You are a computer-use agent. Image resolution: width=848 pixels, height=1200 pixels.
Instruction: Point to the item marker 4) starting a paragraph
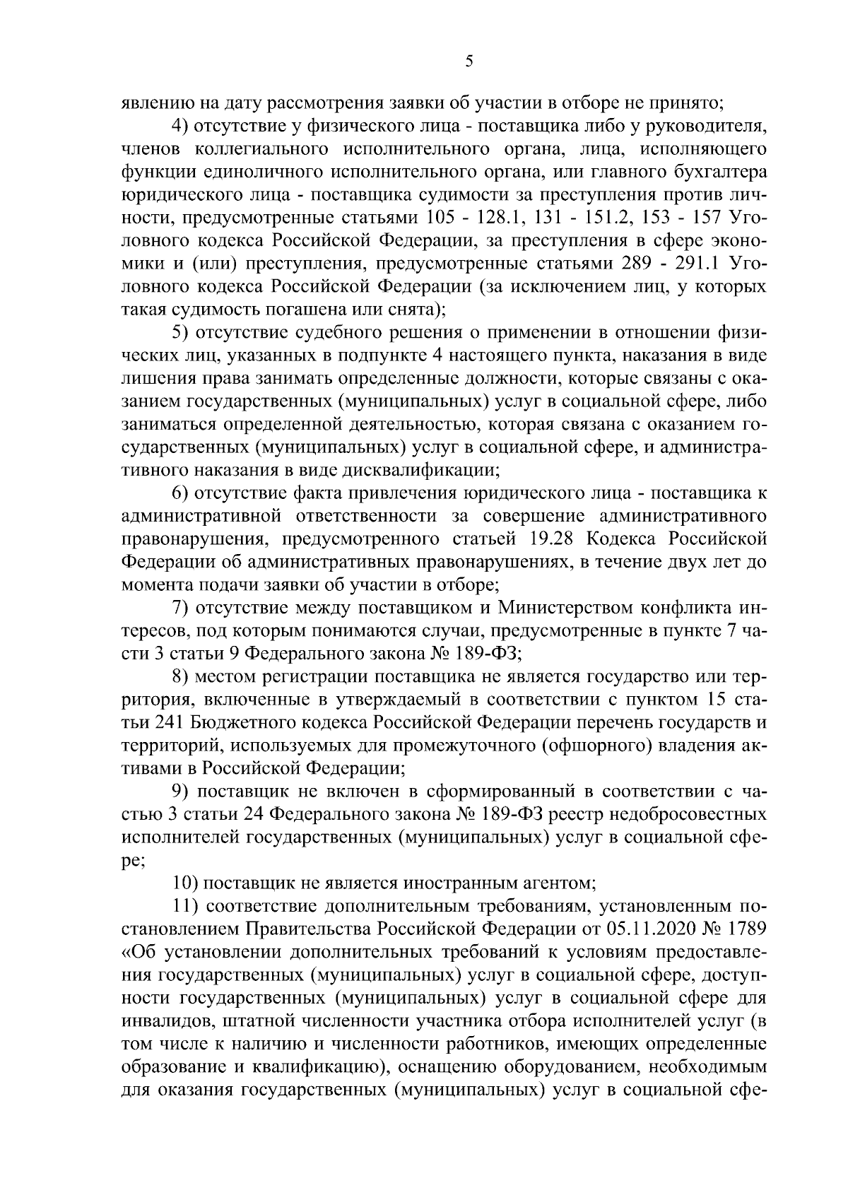coord(182,127)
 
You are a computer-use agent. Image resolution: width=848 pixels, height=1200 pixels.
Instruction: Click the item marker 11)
coord(186,905)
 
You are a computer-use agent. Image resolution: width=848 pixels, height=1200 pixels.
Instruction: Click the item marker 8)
coord(182,677)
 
